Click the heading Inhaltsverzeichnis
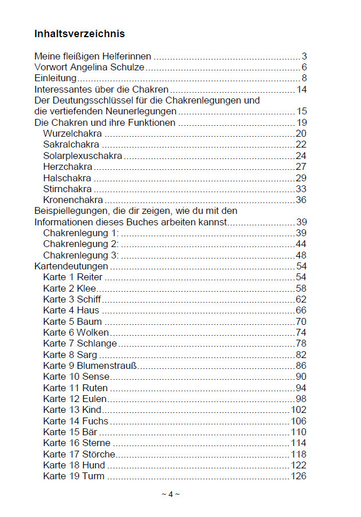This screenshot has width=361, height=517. pos(80,34)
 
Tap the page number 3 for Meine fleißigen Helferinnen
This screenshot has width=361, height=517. pos(304,56)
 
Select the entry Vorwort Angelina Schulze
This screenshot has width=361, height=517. pos(89,67)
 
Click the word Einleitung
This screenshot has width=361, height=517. pos(55,78)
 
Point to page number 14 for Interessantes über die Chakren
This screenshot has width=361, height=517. pos(302,90)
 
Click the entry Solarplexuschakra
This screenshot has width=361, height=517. pos(82,156)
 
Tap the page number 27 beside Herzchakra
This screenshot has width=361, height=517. pos(301,167)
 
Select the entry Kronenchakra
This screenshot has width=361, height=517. pos(73,200)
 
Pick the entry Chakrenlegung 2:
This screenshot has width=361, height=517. pos(81,244)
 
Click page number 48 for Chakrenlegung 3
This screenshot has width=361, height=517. pos(301,255)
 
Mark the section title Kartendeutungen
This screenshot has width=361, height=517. pos(71,267)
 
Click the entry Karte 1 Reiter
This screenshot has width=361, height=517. pos(73,277)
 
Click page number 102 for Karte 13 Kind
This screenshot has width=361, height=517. pos(299,410)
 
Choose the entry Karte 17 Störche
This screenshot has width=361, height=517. pos(79,454)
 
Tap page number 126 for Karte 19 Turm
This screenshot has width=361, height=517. pos(299,476)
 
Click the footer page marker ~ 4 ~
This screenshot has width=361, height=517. pos(170,495)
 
